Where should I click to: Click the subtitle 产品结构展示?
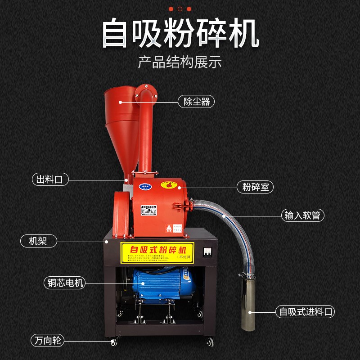(180, 62)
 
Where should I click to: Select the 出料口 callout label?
(50, 180)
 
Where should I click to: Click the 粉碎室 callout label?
(255, 186)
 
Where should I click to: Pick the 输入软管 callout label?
(303, 215)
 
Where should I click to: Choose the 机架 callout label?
(40, 241)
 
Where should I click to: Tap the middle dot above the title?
(180, 9)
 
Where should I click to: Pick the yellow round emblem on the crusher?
(170, 184)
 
